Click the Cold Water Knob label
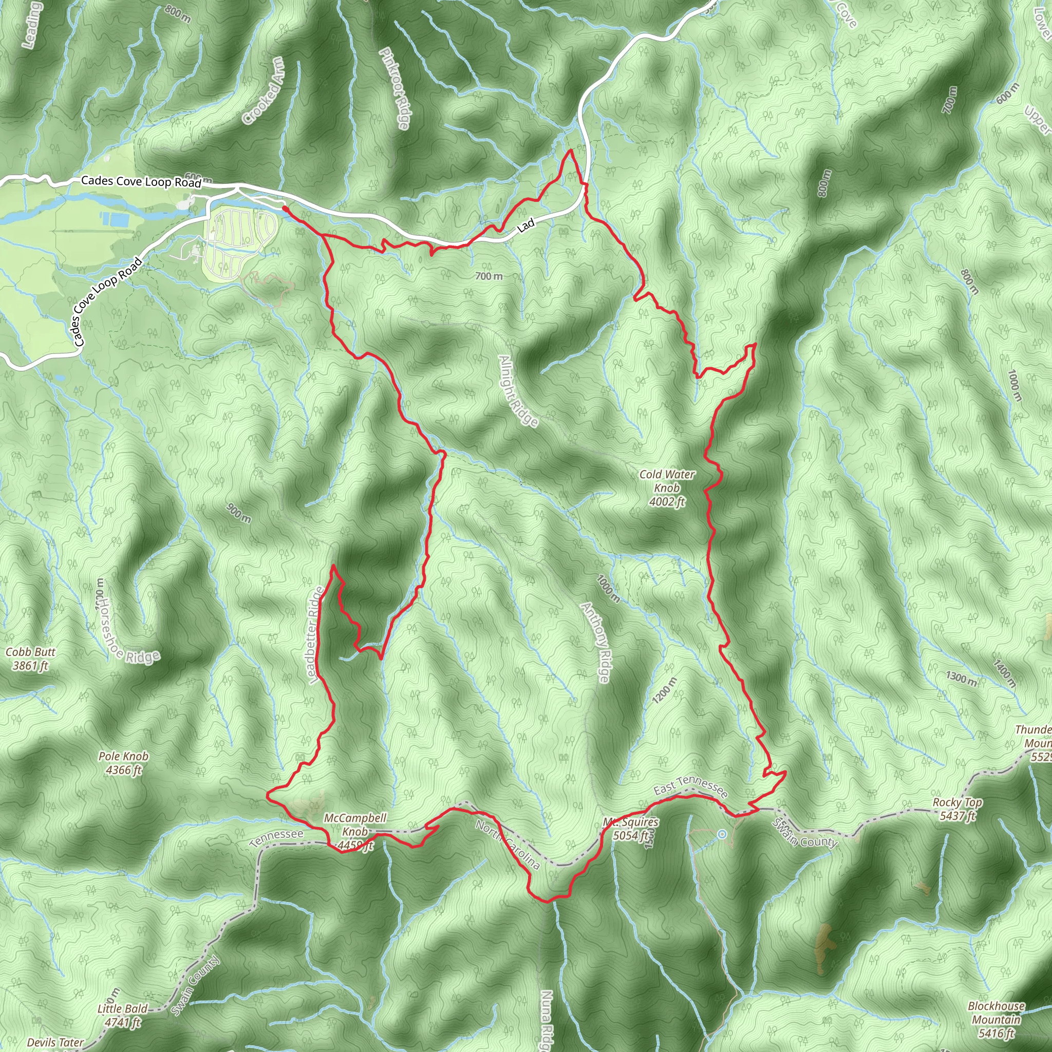(x=667, y=488)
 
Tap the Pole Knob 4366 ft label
(x=124, y=763)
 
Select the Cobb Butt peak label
(x=30, y=659)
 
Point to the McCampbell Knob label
(x=355, y=832)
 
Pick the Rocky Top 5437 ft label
(x=957, y=809)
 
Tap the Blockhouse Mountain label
(x=996, y=1019)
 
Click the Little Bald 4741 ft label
(x=123, y=1016)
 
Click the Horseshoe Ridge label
(x=129, y=632)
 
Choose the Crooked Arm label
(x=264, y=90)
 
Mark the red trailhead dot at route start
(x=285, y=208)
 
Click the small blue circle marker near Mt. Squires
(x=722, y=834)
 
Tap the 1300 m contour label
(x=961, y=679)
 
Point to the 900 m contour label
(x=239, y=514)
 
